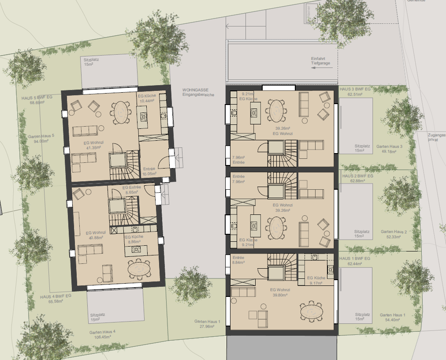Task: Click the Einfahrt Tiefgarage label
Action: pos(320,61)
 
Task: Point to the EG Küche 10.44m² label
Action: pos(146,98)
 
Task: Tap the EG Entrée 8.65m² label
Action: pos(131,190)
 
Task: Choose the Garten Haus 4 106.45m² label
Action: pos(102,334)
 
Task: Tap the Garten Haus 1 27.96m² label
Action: pos(207,324)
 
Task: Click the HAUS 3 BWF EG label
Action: pos(356,91)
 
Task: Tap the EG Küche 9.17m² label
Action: pos(316,280)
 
